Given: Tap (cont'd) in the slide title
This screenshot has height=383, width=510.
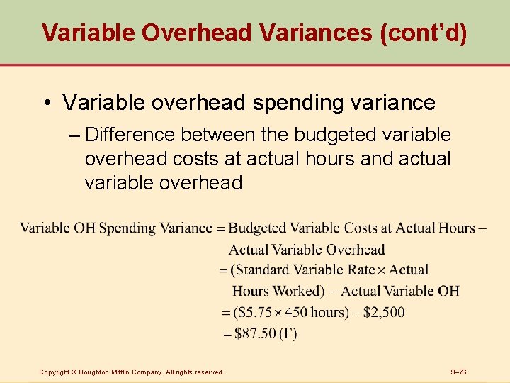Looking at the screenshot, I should tap(423, 33).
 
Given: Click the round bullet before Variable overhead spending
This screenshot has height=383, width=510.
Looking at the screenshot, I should tap(46, 103).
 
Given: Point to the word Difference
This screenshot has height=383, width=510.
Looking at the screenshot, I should tap(132, 135).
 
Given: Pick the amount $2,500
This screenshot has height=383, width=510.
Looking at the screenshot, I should tap(384, 312).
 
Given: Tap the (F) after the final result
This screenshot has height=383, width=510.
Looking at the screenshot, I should tap(288, 333).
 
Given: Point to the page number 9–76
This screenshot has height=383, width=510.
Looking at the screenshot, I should tap(459, 372).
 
